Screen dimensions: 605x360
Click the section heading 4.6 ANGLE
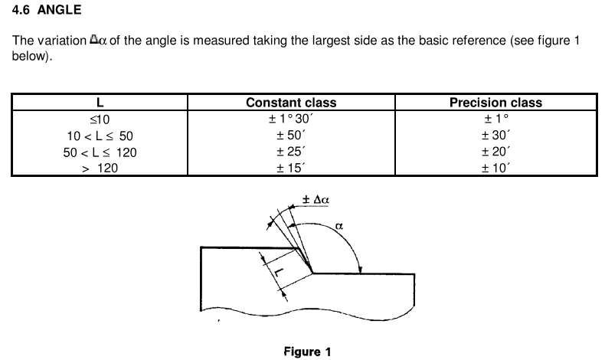(x=47, y=10)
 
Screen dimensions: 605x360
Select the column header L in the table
(x=100, y=103)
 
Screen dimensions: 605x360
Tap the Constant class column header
(x=291, y=103)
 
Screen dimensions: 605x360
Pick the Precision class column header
(x=495, y=103)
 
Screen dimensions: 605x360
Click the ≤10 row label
(x=100, y=119)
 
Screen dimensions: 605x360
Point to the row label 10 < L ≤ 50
(x=100, y=136)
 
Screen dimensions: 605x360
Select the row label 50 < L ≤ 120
(x=100, y=152)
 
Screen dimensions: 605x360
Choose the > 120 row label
(x=100, y=169)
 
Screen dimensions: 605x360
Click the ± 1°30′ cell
(x=291, y=119)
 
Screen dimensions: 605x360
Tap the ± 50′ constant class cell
(x=291, y=136)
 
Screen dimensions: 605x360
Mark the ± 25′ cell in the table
(x=291, y=152)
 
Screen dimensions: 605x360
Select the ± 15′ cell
(x=291, y=169)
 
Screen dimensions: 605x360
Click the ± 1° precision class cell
(x=496, y=119)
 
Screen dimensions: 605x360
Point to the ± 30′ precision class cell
(x=495, y=136)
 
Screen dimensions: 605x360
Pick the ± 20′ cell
(x=495, y=152)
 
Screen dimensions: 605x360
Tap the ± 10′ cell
(x=495, y=169)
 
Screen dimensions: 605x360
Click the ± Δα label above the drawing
(x=316, y=200)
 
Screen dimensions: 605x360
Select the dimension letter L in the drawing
(x=279, y=273)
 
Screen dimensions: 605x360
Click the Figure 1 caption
(x=307, y=352)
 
